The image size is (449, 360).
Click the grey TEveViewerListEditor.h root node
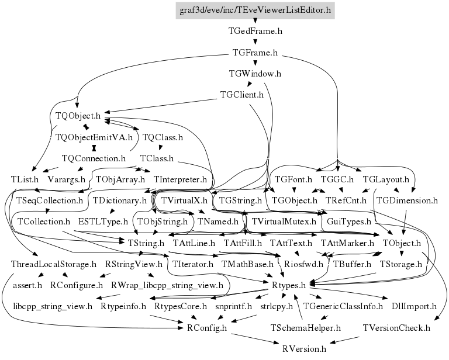255,11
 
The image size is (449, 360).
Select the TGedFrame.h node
255,31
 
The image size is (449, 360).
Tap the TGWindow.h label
255,74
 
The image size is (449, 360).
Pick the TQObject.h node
78,116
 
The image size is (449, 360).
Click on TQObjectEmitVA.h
94,137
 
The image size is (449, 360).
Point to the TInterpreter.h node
180,180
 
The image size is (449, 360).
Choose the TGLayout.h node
386,180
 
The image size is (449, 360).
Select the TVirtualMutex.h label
284,221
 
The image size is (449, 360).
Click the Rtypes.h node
289,285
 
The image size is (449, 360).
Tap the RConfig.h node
207,328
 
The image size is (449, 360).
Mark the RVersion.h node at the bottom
304,349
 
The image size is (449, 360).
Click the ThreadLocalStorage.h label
54,264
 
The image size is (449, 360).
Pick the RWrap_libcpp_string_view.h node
167,285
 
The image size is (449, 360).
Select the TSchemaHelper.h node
306,328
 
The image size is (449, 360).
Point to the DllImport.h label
414,306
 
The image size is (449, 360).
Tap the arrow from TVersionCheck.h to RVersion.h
344,340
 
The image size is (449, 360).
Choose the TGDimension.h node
407,200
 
